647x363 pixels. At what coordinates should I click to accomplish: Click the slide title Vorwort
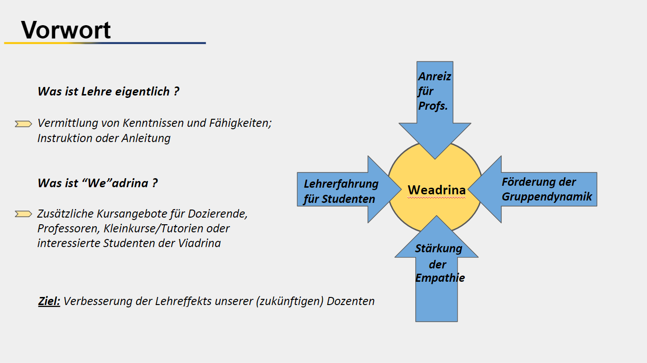[x=66, y=30]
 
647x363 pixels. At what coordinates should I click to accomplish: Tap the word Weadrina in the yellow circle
[x=436, y=190]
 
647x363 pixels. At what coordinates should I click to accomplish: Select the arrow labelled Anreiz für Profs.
[x=435, y=110]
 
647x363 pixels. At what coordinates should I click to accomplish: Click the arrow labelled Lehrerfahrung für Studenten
[x=349, y=190]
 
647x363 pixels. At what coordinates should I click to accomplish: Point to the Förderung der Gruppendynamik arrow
[x=532, y=190]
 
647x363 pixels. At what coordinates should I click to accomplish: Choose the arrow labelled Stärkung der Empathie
[x=436, y=269]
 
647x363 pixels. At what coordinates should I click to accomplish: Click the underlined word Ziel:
[x=49, y=301]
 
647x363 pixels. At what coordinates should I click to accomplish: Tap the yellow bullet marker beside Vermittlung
[x=23, y=124]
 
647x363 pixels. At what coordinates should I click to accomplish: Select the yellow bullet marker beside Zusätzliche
[x=23, y=214]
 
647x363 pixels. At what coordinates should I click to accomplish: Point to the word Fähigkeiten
[x=240, y=124]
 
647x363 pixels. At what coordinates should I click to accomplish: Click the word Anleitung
[x=146, y=138]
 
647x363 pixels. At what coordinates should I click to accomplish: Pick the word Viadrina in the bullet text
[x=199, y=243]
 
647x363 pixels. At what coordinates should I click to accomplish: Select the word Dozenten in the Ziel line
[x=351, y=301]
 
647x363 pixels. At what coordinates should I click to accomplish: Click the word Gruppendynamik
[x=547, y=197]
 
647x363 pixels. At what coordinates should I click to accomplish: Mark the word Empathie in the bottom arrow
[x=440, y=278]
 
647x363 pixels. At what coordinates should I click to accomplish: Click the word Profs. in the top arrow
[x=433, y=106]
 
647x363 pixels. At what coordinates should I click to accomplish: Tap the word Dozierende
[x=218, y=214]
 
